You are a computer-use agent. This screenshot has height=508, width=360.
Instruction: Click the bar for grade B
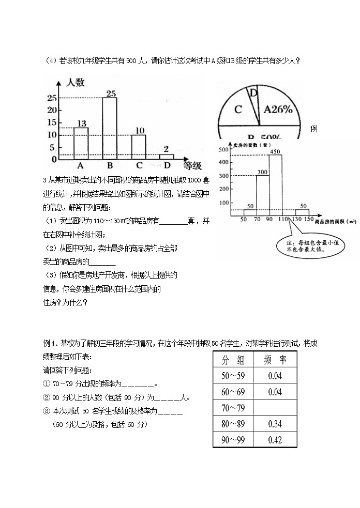[110, 128]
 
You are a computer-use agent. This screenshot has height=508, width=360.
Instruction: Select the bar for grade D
[166, 156]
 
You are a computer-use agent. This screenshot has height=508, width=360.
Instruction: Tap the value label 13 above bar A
[81, 122]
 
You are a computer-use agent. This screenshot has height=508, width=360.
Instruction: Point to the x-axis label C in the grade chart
[139, 165]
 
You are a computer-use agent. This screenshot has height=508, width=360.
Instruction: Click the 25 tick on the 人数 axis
[52, 98]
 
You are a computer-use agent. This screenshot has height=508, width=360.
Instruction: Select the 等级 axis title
[192, 165]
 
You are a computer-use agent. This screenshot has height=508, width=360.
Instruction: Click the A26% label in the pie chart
[278, 109]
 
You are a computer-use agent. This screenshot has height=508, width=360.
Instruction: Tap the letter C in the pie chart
[238, 110]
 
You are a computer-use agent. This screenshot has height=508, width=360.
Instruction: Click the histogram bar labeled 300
[262, 193]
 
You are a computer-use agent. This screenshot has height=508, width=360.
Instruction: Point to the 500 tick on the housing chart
[223, 150]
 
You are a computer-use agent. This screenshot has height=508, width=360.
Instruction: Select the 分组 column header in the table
[233, 360]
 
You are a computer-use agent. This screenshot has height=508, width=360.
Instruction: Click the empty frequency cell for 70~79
[275, 408]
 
